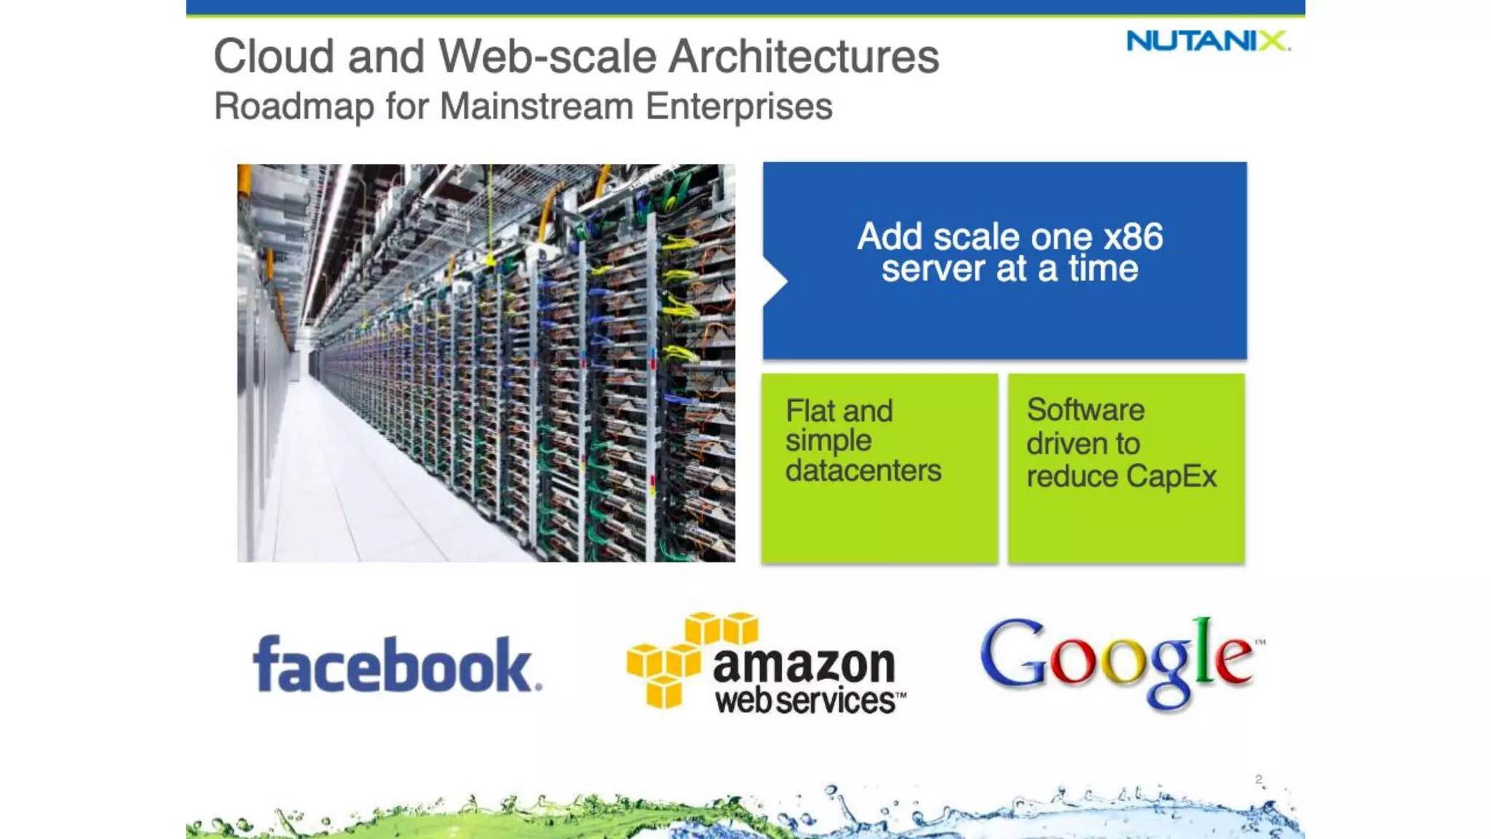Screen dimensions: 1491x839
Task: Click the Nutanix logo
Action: coord(1207,41)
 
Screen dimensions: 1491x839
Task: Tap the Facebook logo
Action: coord(397,664)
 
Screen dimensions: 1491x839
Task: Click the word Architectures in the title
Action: coord(804,57)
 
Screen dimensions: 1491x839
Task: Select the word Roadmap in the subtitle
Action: coord(294,106)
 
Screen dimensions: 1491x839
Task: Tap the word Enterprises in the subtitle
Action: coord(739,106)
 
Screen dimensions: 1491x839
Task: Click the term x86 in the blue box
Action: coord(1133,237)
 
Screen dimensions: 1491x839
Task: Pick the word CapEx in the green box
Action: coord(1171,477)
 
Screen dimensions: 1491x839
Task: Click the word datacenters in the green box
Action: coord(863,470)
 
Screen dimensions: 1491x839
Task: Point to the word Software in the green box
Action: coord(1085,410)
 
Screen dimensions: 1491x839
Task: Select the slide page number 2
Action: coord(1259,779)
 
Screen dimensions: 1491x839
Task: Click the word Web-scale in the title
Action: coord(547,57)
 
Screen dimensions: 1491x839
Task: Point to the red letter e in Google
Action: coord(1233,658)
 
